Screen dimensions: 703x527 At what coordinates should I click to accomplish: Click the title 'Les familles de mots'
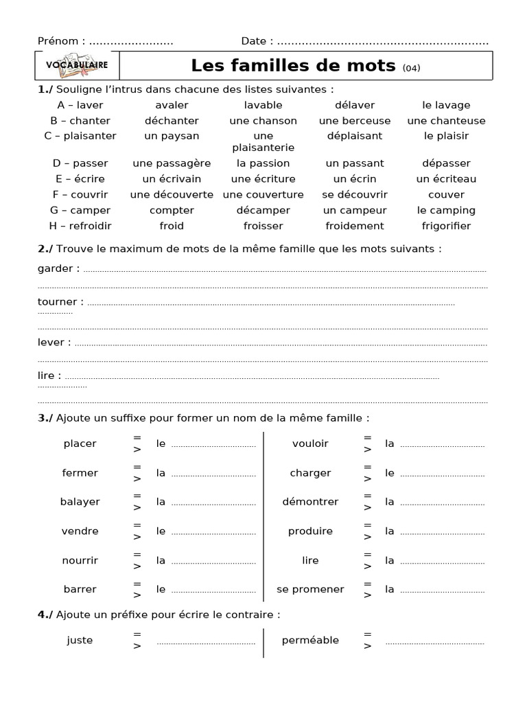click(293, 66)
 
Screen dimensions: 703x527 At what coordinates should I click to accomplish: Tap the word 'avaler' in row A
click(172, 105)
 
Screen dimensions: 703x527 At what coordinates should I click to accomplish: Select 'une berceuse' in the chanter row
click(355, 121)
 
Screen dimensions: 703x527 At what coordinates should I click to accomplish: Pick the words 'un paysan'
click(172, 136)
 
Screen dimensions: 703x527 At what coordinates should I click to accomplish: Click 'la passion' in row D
click(263, 163)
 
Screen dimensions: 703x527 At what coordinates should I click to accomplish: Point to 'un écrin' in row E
click(355, 179)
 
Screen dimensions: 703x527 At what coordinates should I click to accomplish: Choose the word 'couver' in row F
click(446, 195)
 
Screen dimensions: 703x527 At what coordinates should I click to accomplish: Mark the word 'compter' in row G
click(172, 210)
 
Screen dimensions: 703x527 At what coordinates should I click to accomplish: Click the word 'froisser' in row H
click(263, 226)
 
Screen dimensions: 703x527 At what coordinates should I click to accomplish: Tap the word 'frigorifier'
click(446, 226)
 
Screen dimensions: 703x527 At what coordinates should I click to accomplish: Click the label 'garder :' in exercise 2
click(58, 268)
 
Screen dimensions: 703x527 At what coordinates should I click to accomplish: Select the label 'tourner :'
click(60, 301)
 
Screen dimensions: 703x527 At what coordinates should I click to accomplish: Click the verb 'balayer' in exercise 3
click(80, 502)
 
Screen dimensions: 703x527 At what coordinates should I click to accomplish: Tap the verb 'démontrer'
click(310, 502)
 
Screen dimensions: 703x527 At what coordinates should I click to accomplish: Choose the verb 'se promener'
click(310, 589)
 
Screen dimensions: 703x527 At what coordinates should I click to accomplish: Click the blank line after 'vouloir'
click(442, 445)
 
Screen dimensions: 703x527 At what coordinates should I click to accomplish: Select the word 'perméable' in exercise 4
click(310, 640)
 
